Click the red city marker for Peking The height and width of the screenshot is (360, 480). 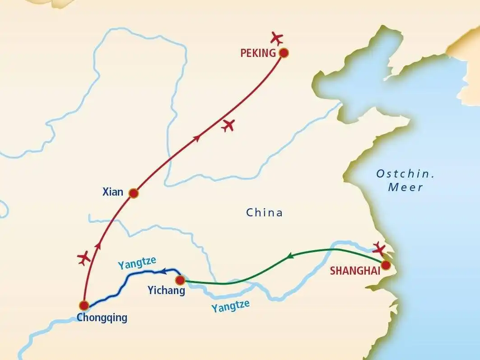284,53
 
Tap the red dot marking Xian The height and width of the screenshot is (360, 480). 133,193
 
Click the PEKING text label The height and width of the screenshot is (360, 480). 258,53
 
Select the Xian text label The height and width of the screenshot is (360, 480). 112,192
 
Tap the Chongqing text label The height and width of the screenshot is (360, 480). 102,318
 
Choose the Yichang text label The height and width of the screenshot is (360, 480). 166,291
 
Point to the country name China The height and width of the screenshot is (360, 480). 264,212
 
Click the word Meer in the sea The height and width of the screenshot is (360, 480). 405,187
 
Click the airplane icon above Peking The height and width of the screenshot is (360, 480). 277,37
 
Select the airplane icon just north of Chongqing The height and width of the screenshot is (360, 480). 84,258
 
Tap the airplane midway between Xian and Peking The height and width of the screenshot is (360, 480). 228,125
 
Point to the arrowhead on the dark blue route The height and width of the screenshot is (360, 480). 164,271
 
